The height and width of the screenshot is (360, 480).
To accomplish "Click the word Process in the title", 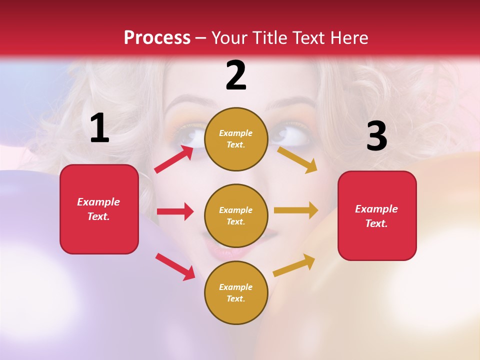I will tap(157, 37).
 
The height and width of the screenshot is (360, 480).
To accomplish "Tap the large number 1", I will tap(99, 128).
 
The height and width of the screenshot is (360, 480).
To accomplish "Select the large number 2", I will tap(236, 75).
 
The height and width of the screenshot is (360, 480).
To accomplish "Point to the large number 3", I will tap(376, 136).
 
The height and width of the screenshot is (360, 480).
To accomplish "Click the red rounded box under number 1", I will tap(99, 209).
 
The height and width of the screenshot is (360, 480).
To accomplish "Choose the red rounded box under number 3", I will tap(377, 215).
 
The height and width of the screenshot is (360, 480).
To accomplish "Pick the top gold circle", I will tap(236, 139).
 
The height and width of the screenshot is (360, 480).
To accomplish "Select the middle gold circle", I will tap(236, 215).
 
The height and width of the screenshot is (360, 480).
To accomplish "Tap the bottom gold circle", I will tap(236, 292).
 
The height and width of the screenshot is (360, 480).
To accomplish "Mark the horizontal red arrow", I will tap(175, 211).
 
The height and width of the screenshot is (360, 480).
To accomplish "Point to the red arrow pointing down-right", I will tap(175, 266).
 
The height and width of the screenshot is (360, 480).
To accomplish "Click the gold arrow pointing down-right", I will tap(297, 159).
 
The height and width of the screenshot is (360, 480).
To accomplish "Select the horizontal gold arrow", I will tap(296, 210).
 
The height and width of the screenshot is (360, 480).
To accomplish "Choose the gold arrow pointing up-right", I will tap(294, 265).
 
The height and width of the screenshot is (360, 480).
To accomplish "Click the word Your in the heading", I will tap(229, 37).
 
